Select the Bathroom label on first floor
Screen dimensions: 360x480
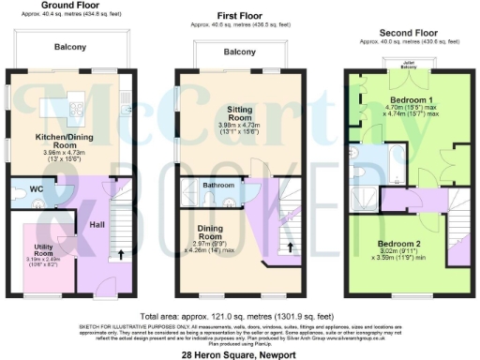[x=219, y=186]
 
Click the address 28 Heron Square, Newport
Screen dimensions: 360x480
[x=239, y=353]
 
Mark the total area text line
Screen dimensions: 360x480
[x=239, y=316]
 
